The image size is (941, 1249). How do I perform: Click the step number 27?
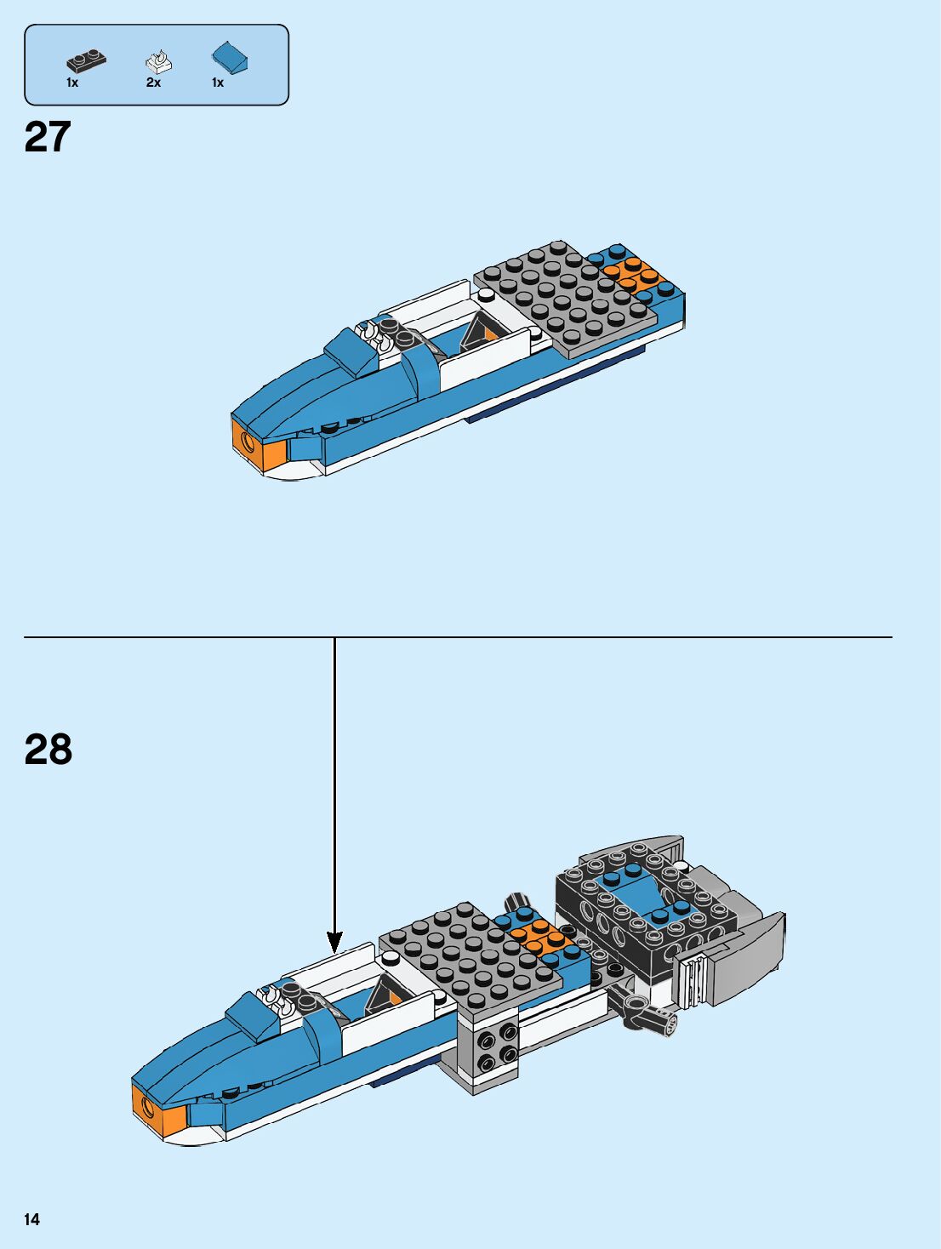pos(48,138)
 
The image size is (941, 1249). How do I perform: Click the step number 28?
pos(48,750)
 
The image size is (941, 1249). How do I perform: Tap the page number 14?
pos(31,1219)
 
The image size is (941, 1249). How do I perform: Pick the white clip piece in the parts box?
pos(158,62)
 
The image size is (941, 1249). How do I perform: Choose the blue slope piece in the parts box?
pos(230,57)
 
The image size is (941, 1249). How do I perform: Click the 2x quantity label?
pos(153,83)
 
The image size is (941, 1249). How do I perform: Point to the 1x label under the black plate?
pos(72,83)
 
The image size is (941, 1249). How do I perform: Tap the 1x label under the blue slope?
pos(218,83)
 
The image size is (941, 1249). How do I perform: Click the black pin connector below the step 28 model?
pos(647,1012)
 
